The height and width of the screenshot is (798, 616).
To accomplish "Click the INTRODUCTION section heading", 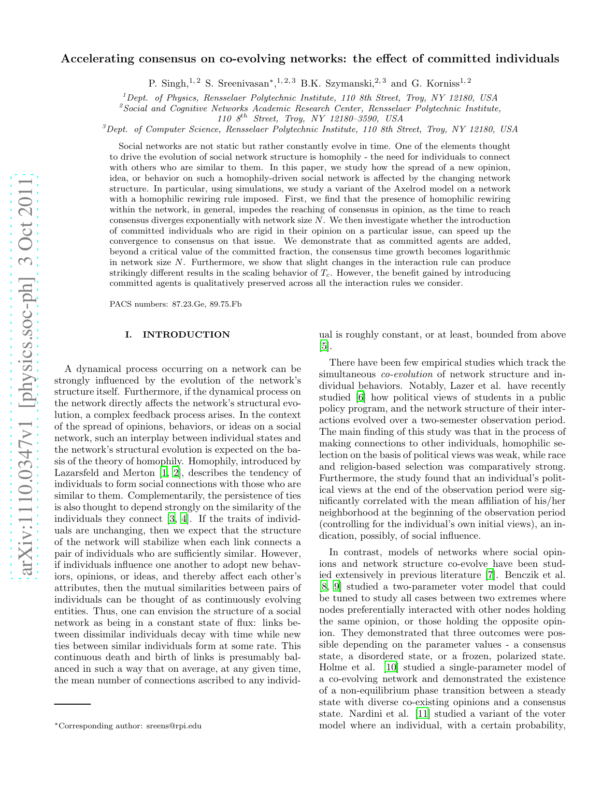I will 186,335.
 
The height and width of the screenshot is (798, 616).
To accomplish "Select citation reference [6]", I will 360,398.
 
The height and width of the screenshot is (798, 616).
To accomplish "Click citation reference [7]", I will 490,575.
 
